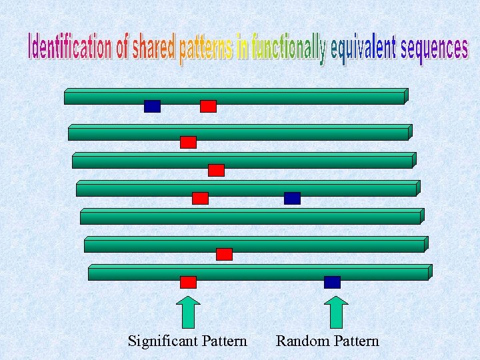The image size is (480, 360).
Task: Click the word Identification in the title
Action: [69, 47]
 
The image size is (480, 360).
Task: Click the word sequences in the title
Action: [434, 50]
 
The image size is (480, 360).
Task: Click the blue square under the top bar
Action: [152, 106]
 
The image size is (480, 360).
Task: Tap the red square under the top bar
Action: [208, 106]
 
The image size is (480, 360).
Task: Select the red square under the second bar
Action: [188, 142]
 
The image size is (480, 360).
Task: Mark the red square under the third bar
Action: [216, 170]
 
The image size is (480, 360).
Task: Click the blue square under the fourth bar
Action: [292, 198]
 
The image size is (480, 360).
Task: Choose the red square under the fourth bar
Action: [200, 198]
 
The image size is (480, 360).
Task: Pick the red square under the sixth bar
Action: [224, 254]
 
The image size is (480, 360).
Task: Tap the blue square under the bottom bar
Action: [332, 282]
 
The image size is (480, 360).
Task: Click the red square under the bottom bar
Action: [188, 282]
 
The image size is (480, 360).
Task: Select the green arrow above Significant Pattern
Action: [189, 312]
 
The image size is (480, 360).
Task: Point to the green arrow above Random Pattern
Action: [336, 312]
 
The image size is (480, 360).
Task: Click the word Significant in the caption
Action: [158, 341]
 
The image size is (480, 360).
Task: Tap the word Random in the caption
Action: [301, 341]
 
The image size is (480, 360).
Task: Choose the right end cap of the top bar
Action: [406, 96]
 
